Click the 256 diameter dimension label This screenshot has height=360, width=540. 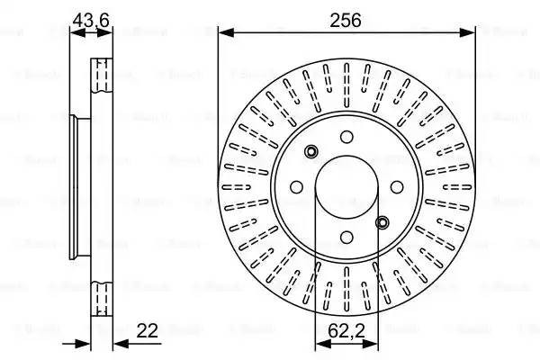(346, 19)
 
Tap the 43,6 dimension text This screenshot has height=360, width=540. (91, 17)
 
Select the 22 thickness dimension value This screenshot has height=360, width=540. (148, 330)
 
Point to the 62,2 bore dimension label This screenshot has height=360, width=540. (346, 330)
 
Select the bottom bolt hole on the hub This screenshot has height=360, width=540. (346, 238)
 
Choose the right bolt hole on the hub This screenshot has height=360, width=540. (397, 187)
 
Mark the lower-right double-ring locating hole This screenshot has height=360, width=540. (382, 222)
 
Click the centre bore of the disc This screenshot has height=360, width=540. (346, 187)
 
